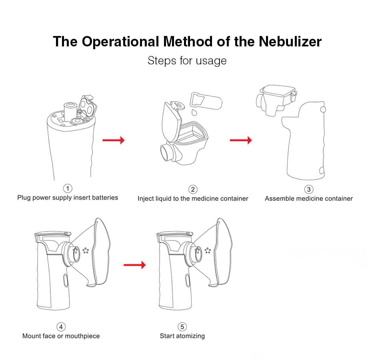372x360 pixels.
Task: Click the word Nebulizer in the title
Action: click(x=290, y=42)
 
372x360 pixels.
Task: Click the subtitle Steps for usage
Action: click(x=187, y=61)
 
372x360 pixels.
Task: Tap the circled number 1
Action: click(x=68, y=188)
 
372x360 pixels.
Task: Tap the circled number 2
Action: click(x=193, y=189)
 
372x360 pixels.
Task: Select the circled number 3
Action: click(x=308, y=189)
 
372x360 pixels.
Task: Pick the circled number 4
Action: click(x=61, y=327)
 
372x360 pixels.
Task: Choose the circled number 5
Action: click(x=182, y=327)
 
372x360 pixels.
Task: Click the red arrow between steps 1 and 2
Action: click(x=114, y=140)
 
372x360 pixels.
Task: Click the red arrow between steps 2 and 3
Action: click(x=240, y=140)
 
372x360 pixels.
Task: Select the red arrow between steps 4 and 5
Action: click(x=135, y=264)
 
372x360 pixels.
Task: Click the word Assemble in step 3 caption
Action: click(x=278, y=198)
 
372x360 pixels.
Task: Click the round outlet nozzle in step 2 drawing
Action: click(x=166, y=152)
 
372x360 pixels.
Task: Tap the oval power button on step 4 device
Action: click(x=65, y=280)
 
